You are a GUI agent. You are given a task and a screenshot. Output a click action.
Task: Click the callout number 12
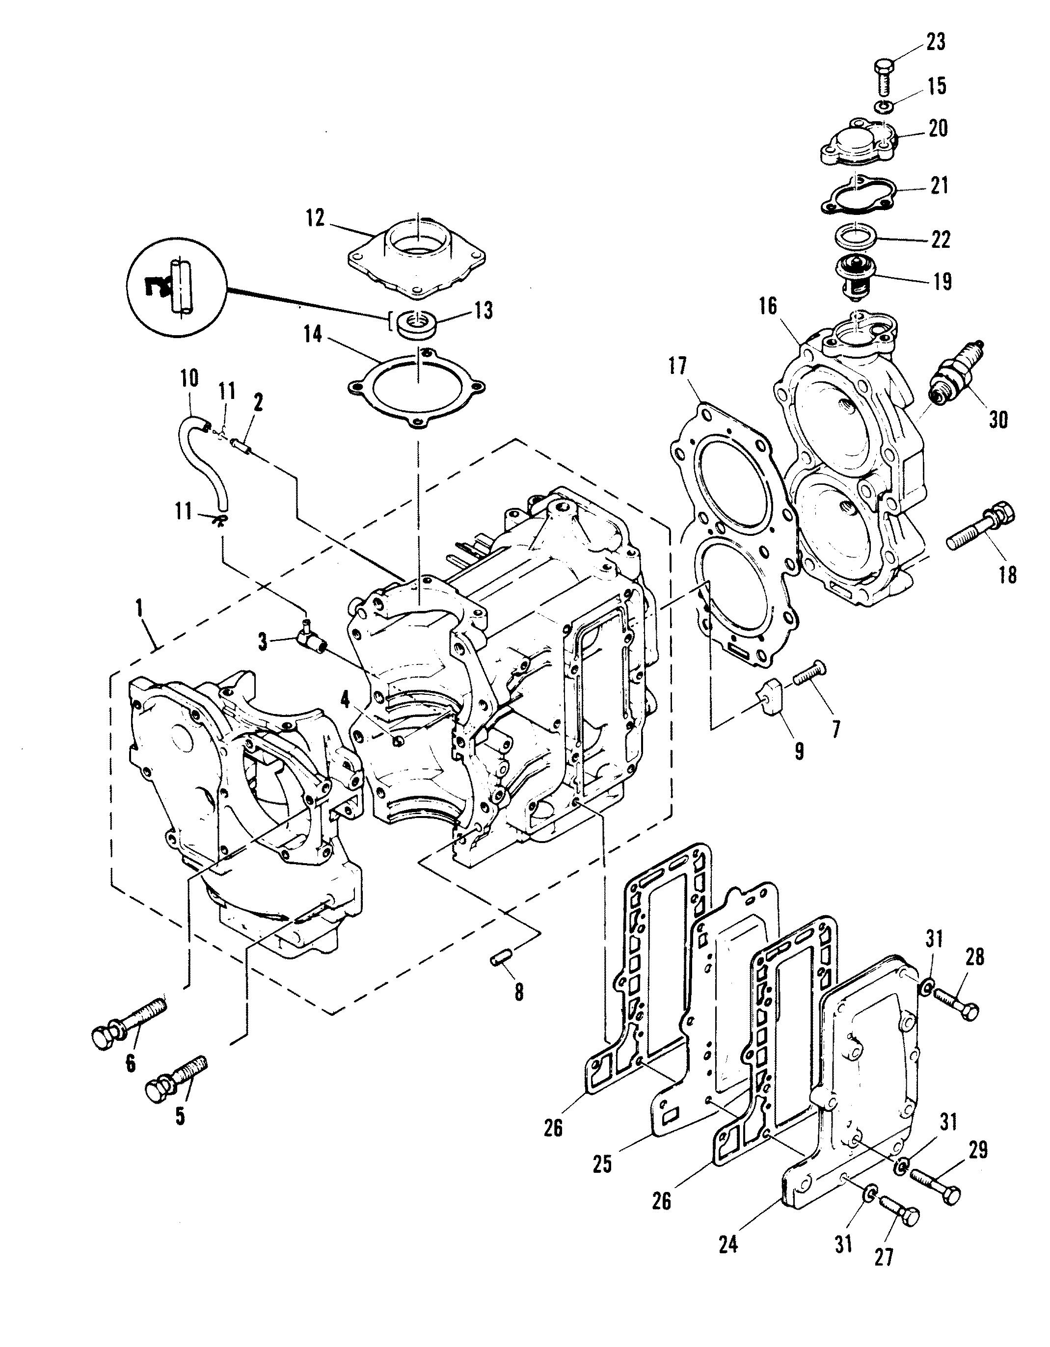click(x=315, y=218)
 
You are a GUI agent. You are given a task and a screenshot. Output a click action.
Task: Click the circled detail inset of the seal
click(x=176, y=287)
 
